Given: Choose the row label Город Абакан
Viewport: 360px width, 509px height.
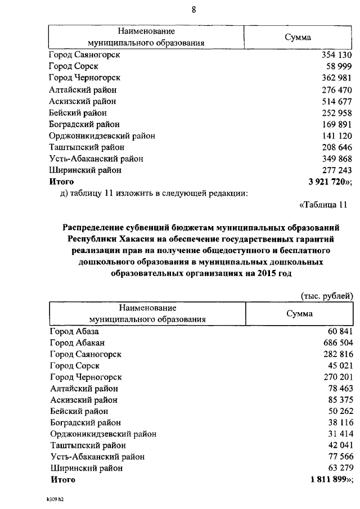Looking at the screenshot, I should pos(77,343).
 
